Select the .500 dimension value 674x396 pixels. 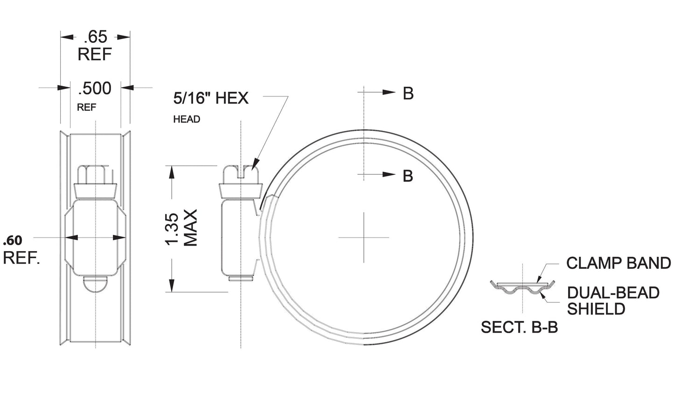(95, 88)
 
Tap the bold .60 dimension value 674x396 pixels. (12, 240)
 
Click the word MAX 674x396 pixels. (191, 228)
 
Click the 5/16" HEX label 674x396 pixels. (211, 98)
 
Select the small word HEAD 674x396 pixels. (187, 119)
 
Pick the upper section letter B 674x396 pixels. (408, 94)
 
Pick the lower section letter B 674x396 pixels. (408, 176)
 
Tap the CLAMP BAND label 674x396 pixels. (618, 263)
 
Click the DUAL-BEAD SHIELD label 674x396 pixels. (613, 300)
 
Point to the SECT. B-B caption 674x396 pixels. (519, 328)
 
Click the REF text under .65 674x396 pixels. (95, 55)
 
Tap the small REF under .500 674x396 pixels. (86, 108)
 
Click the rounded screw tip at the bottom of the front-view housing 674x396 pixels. (95, 284)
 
